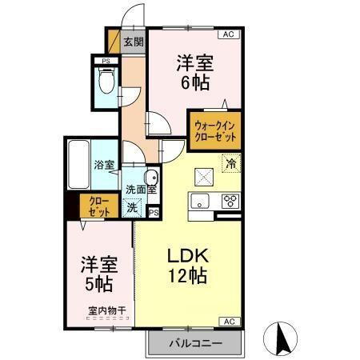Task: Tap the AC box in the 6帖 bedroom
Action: pyautogui.click(x=228, y=34)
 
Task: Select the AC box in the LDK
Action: pyautogui.click(x=228, y=321)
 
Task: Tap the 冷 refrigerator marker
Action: pyautogui.click(x=231, y=166)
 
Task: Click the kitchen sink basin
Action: pyautogui.click(x=199, y=200)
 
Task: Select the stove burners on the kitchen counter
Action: pyautogui.click(x=230, y=200)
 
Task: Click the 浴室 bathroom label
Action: pyautogui.click(x=104, y=166)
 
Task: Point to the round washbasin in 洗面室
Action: pyautogui.click(x=150, y=177)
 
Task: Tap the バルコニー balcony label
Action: pyautogui.click(x=194, y=344)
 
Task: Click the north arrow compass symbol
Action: pyautogui.click(x=282, y=340)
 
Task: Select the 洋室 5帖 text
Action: pyautogui.click(x=99, y=272)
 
